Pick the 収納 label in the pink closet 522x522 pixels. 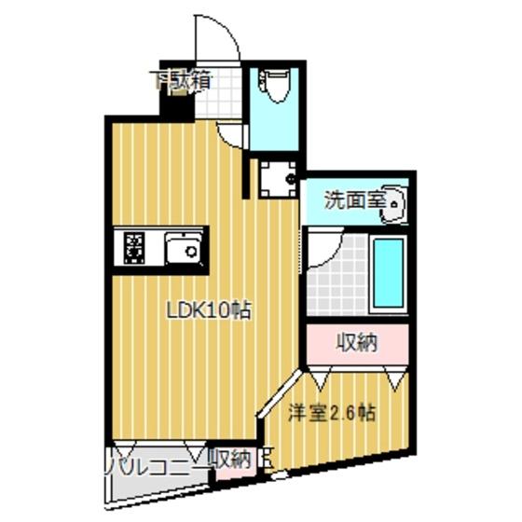tap(356, 342)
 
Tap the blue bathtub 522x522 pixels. tap(387, 274)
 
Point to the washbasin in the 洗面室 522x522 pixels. tap(392, 203)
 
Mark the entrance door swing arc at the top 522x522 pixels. tap(216, 37)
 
